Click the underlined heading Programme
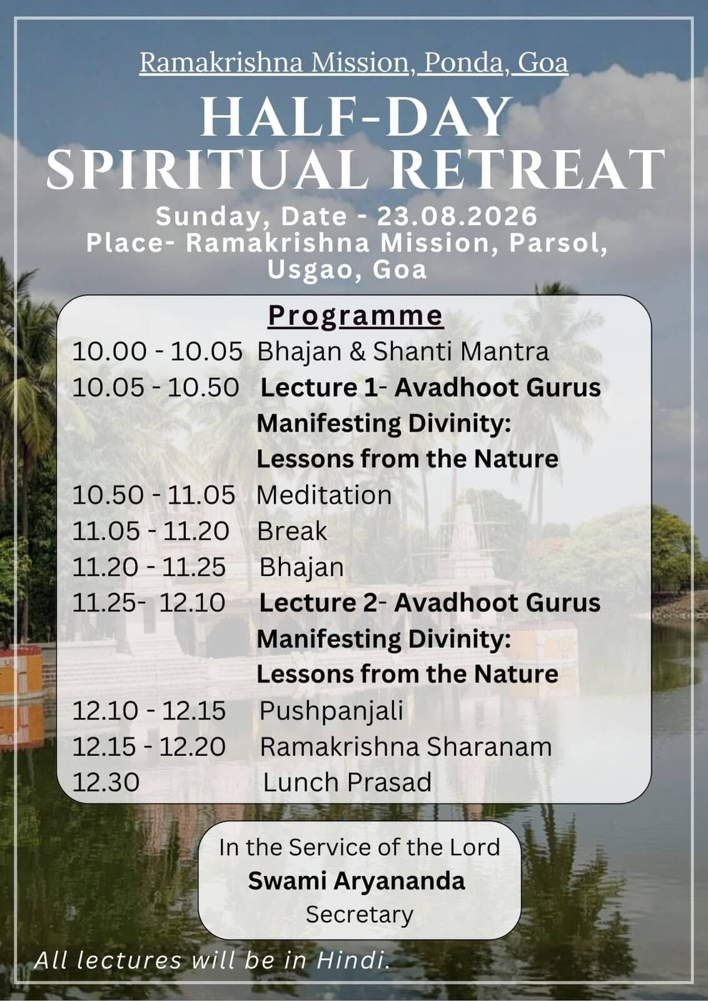(355, 317)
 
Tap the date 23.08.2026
(457, 216)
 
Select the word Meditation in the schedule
(324, 495)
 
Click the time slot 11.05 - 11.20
(151, 531)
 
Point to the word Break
(292, 531)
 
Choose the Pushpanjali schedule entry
(331, 711)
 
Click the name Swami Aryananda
(357, 882)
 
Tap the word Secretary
(360, 914)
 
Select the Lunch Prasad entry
(347, 783)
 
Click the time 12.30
(106, 783)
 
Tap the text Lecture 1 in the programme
(319, 387)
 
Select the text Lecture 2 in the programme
(318, 603)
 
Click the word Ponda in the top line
(463, 63)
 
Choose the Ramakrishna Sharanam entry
(405, 747)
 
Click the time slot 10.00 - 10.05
(157, 351)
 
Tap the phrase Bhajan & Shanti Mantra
(403, 352)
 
